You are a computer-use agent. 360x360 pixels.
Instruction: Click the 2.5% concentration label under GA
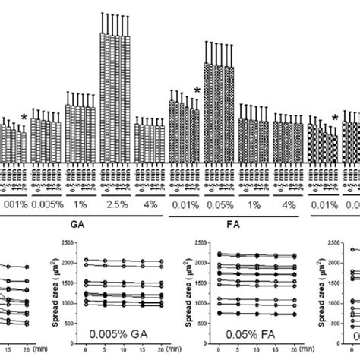(118, 204)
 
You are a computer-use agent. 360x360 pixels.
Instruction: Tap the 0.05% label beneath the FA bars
(219, 204)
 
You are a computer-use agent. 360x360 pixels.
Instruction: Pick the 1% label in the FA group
(254, 204)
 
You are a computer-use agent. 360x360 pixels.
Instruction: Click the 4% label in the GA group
(151, 204)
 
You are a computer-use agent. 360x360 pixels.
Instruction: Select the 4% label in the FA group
(289, 204)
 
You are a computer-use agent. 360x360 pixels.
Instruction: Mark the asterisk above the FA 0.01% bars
(197, 92)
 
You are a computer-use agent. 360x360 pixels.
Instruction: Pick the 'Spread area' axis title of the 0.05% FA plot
(188, 285)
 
